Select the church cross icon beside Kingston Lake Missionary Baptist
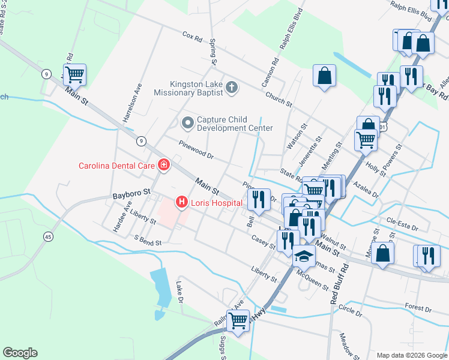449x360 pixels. (x=232, y=89)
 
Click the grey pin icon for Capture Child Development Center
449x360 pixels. (x=187, y=123)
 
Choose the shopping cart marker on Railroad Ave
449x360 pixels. (x=238, y=320)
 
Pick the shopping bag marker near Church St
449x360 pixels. (x=324, y=76)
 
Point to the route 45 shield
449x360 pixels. (x=48, y=237)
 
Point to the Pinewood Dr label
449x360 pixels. (x=196, y=148)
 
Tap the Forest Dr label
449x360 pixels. (x=418, y=308)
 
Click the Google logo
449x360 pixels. (x=20, y=353)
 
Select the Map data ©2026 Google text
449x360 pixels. (x=411, y=355)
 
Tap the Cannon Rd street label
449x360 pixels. (x=268, y=71)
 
